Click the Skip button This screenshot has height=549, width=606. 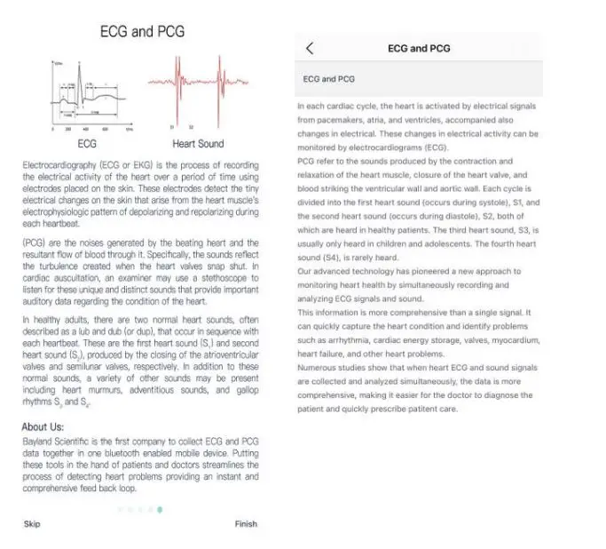tap(32, 524)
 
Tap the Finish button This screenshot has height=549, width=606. tap(246, 524)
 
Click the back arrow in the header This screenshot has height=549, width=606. tap(309, 49)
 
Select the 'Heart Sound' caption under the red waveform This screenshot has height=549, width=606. tap(198, 144)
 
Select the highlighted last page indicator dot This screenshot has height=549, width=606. tap(160, 510)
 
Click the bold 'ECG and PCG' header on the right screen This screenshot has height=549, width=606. tap(420, 49)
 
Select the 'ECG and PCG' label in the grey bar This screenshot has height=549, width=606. tap(328, 79)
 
